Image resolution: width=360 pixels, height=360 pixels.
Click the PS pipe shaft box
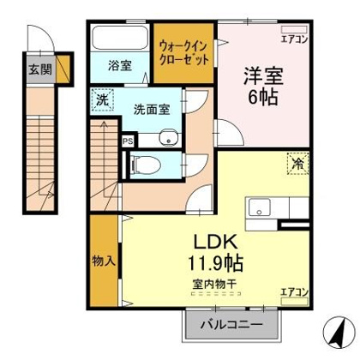click(x=128, y=139)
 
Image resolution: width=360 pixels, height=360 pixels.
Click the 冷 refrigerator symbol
click(x=299, y=163)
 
